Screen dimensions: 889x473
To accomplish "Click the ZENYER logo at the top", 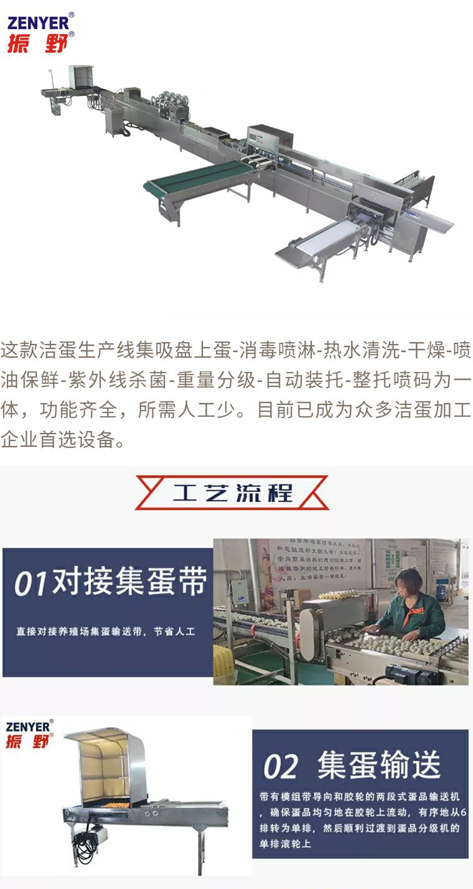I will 38,23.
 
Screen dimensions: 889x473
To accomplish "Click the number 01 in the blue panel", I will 32,584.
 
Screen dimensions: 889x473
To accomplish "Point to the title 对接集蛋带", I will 129,583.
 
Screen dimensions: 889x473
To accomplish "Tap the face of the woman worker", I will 409,583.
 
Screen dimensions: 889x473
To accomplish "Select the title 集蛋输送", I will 378,765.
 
